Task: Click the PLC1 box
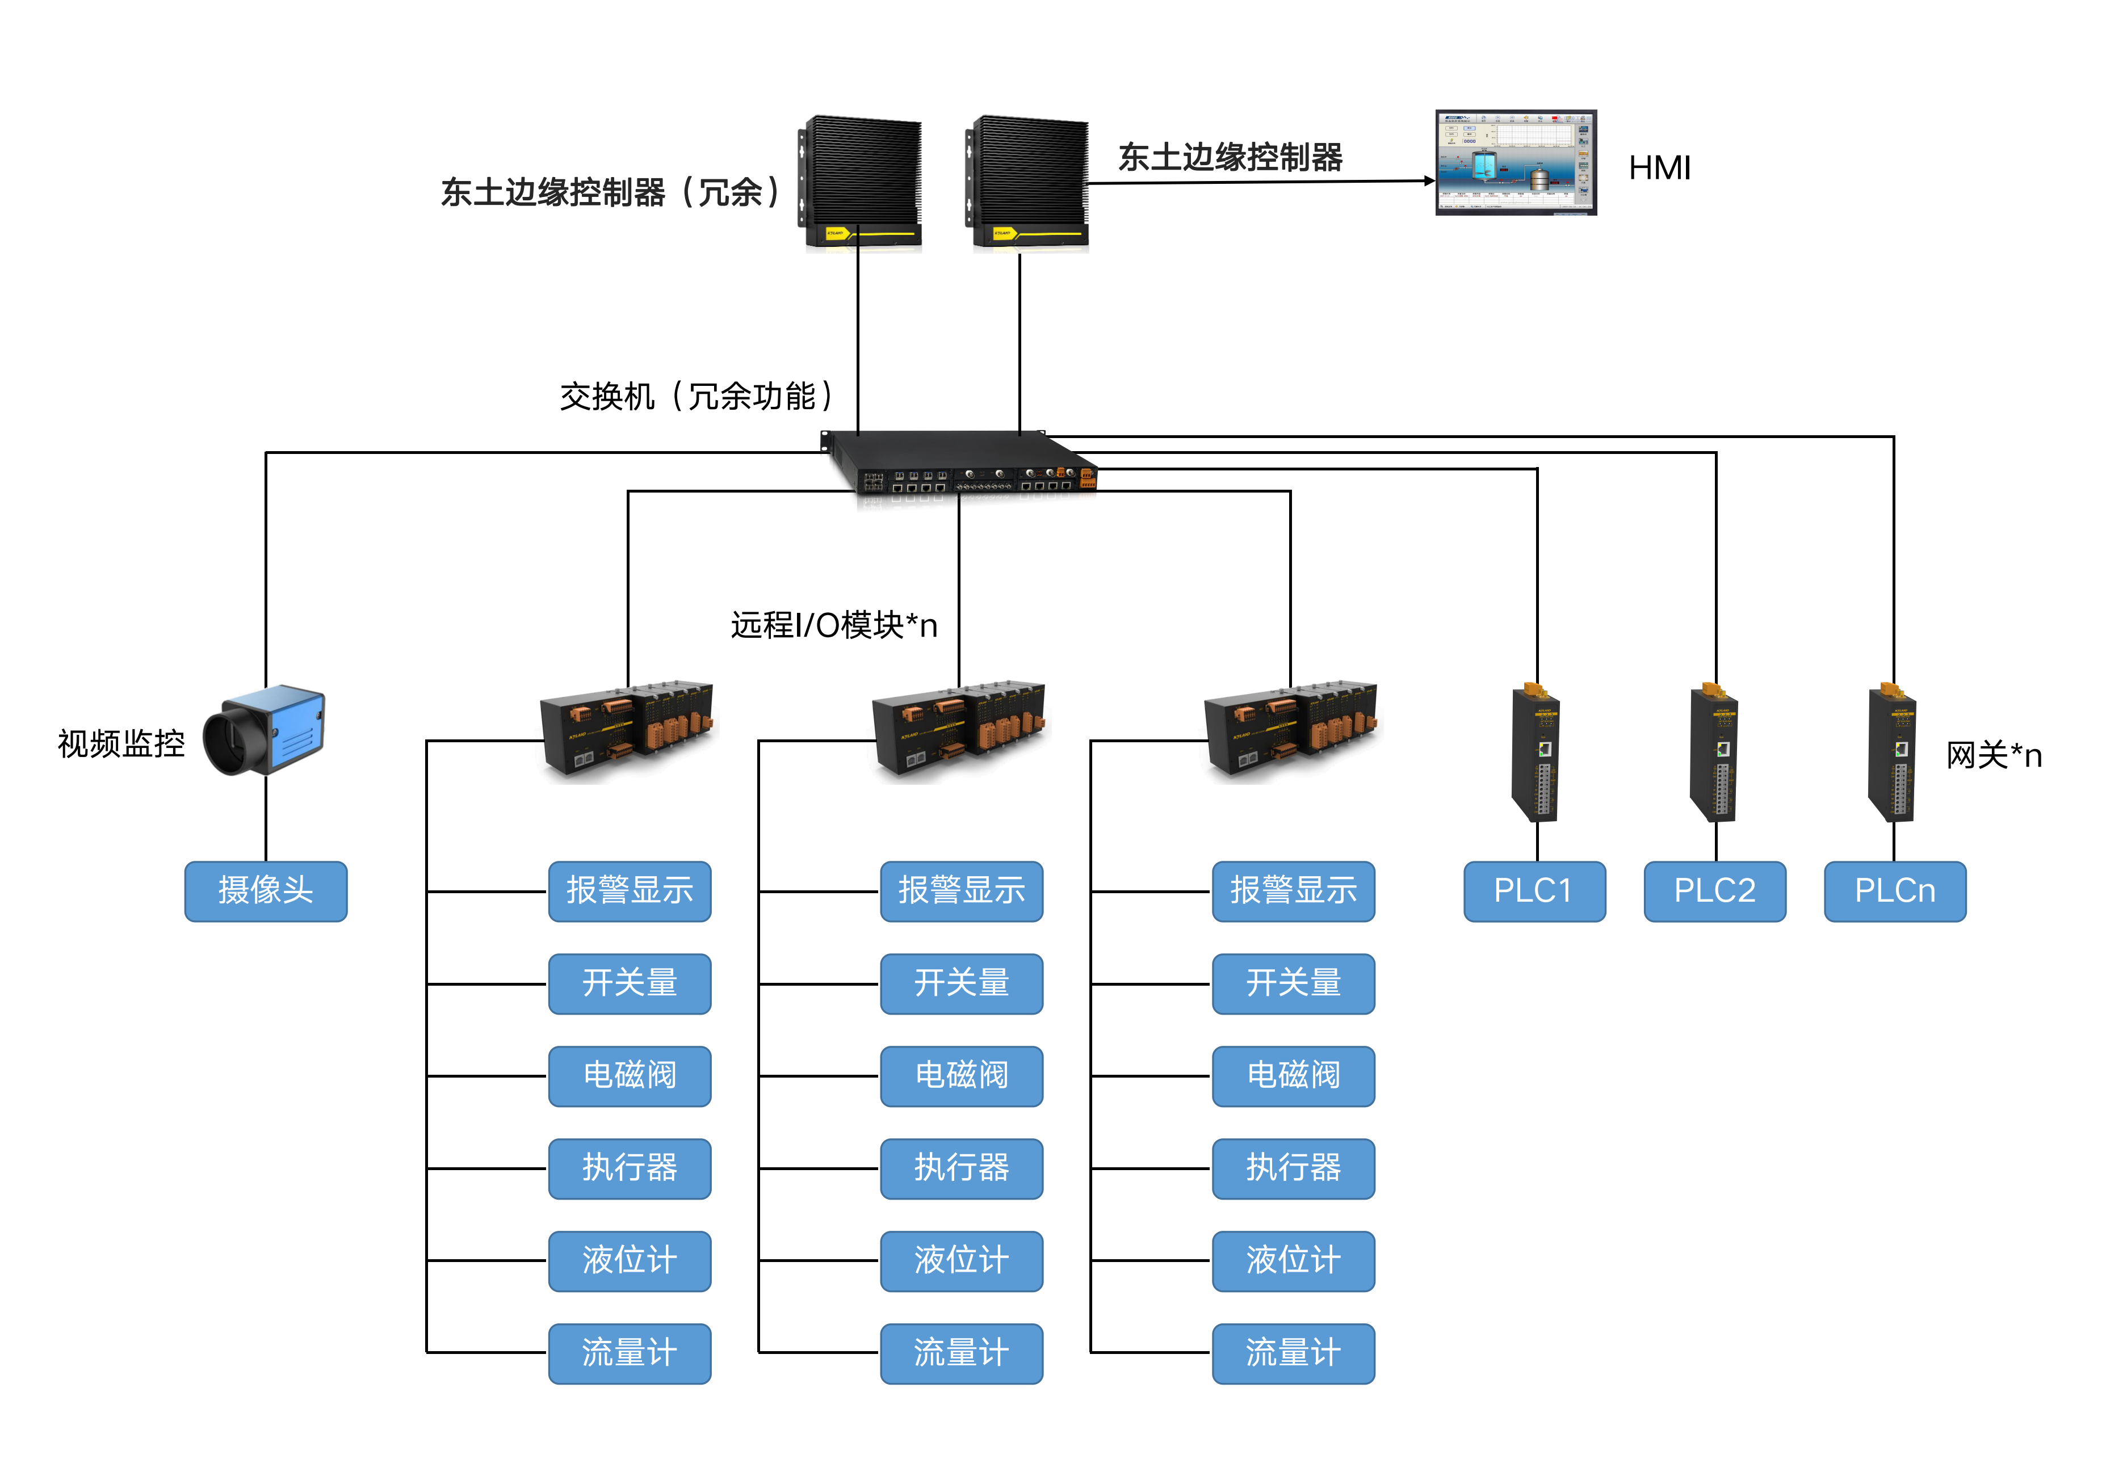pyautogui.click(x=1534, y=890)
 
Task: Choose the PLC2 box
pyautogui.click(x=1714, y=890)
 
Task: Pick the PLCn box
pyautogui.click(x=1894, y=890)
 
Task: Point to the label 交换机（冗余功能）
pyautogui.click(x=697, y=396)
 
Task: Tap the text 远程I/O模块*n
pyautogui.click(x=833, y=625)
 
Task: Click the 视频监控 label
pyautogui.click(x=121, y=743)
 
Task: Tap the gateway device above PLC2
pyautogui.click(x=1714, y=752)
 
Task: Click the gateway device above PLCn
pyautogui.click(x=1893, y=752)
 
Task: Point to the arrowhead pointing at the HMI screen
pyautogui.click(x=1429, y=180)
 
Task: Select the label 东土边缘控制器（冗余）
pyautogui.click(x=611, y=192)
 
